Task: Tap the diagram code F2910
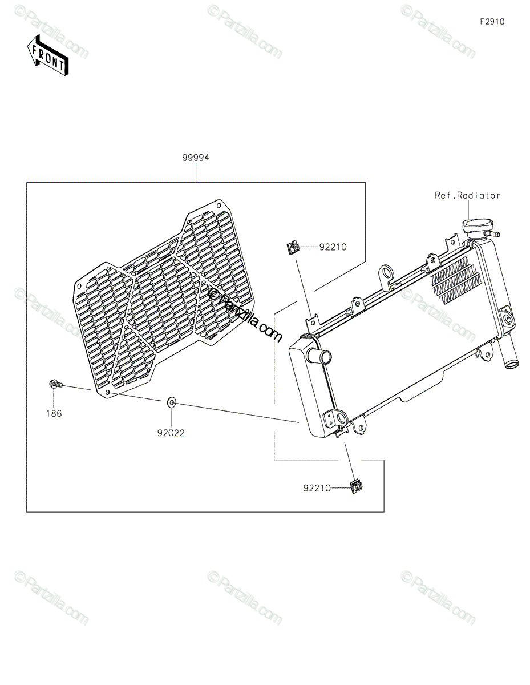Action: click(x=492, y=22)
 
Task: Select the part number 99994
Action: click(x=196, y=158)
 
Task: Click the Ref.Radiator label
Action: click(x=467, y=195)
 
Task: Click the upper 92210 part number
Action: click(x=333, y=247)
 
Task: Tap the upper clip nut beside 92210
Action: click(x=292, y=247)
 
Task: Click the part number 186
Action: click(x=54, y=413)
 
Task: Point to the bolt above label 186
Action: click(x=55, y=385)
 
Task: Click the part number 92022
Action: click(x=171, y=433)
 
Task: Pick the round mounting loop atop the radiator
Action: click(x=388, y=271)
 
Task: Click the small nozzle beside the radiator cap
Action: click(x=494, y=233)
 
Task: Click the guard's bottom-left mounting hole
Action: click(x=108, y=393)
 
